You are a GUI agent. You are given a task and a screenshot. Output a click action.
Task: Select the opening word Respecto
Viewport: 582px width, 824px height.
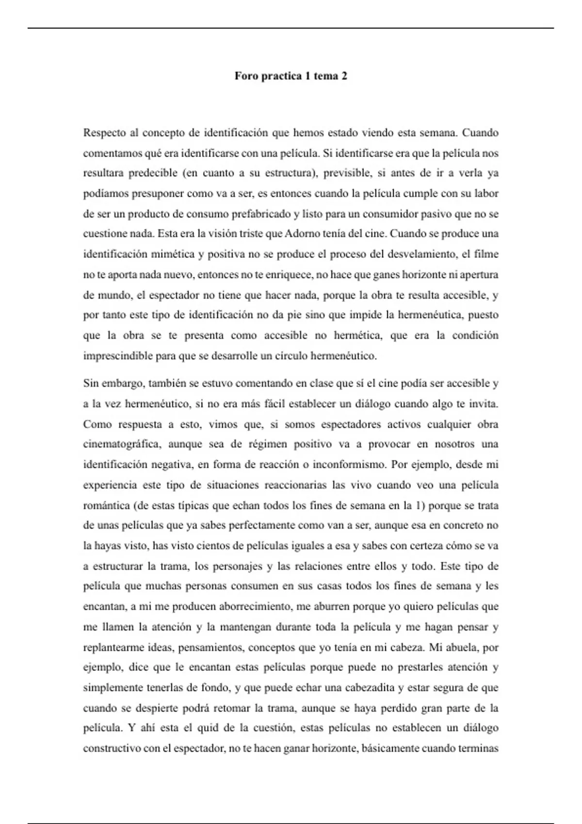click(x=104, y=133)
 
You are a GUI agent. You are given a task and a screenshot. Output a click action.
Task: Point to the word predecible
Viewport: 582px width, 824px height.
click(x=152, y=173)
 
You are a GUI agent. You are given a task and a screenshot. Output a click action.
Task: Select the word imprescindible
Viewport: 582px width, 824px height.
click(x=118, y=356)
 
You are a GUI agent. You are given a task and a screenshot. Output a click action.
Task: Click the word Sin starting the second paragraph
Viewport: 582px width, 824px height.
click(x=91, y=383)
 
